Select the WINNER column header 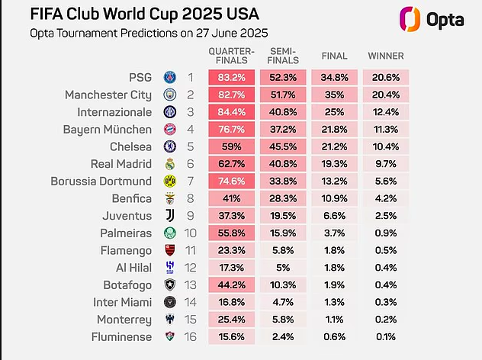click(386, 56)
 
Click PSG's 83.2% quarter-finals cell click(231, 78)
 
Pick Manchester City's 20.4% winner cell click(386, 95)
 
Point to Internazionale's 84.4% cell click(231, 112)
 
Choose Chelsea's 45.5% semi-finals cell click(283, 146)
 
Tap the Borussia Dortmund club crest click(170, 182)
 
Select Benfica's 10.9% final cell click(335, 198)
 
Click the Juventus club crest click(170, 216)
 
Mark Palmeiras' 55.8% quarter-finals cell click(231, 233)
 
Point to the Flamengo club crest click(170, 250)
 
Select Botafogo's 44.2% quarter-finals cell click(231, 284)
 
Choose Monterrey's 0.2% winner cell click(386, 319)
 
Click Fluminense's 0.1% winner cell click(386, 336)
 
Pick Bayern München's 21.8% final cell click(335, 130)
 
